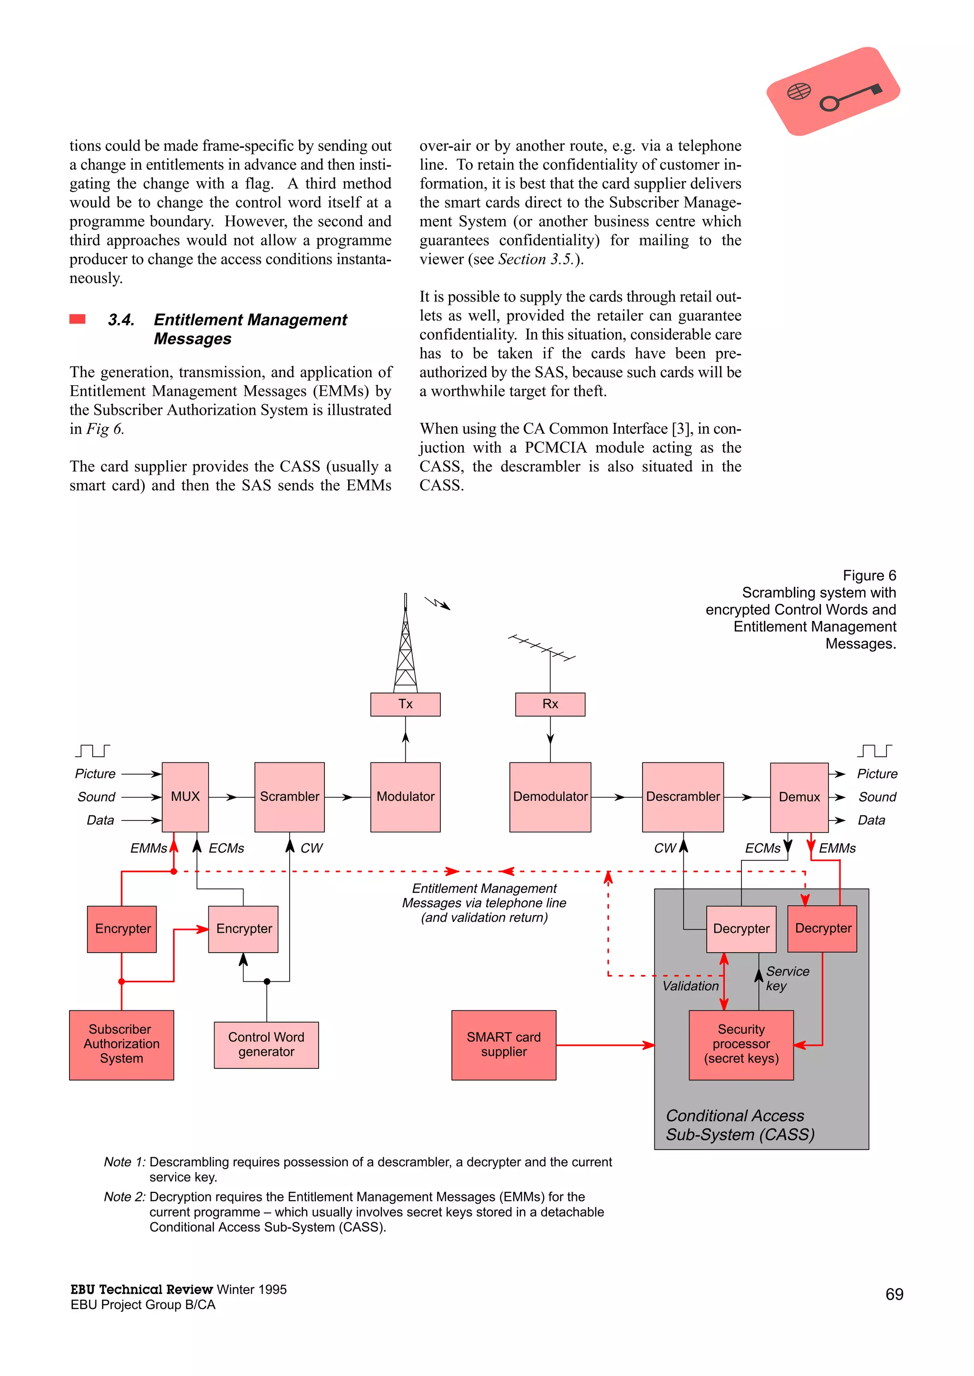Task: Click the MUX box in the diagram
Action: pyautogui.click(x=185, y=797)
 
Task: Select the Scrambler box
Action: pyautogui.click(x=289, y=797)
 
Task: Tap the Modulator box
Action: pyautogui.click(x=405, y=797)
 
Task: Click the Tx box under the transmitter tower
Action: pyautogui.click(x=405, y=704)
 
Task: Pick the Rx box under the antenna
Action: pyautogui.click(x=550, y=704)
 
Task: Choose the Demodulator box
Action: pyautogui.click(x=550, y=797)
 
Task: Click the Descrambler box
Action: pyautogui.click(x=682, y=797)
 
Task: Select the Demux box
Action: pyautogui.click(x=799, y=797)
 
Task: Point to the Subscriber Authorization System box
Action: pyautogui.click(x=121, y=1044)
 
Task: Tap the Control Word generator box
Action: pyautogui.click(x=266, y=1044)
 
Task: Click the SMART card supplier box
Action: pyautogui.click(x=503, y=1044)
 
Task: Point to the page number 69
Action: pyautogui.click(x=894, y=1294)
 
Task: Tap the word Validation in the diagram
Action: pyautogui.click(x=691, y=986)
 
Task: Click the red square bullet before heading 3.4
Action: pyautogui.click(x=78, y=319)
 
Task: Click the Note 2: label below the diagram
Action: pyautogui.click(x=124, y=1197)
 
